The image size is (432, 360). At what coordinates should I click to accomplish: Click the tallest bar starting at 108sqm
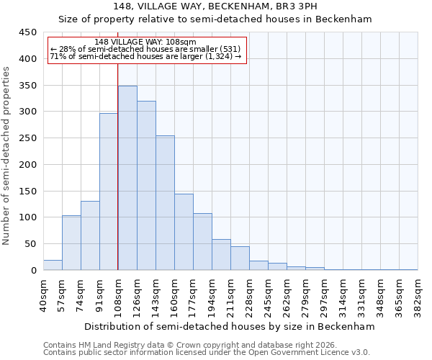(127, 178)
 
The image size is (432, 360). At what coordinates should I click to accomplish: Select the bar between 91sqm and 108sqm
(109, 192)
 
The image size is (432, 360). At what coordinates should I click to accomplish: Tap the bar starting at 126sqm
(146, 186)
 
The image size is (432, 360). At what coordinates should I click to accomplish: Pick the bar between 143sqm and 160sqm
(165, 203)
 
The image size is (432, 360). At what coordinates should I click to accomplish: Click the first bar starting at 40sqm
(53, 265)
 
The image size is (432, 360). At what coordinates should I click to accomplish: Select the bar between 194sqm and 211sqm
(221, 255)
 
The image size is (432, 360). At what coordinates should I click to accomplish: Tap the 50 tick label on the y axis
(30, 244)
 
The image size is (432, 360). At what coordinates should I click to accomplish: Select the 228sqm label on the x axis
(250, 296)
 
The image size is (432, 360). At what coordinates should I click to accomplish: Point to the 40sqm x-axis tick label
(44, 296)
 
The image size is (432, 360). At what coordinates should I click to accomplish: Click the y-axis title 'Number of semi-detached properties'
(7, 155)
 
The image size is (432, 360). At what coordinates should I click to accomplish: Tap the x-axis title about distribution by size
(230, 326)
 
